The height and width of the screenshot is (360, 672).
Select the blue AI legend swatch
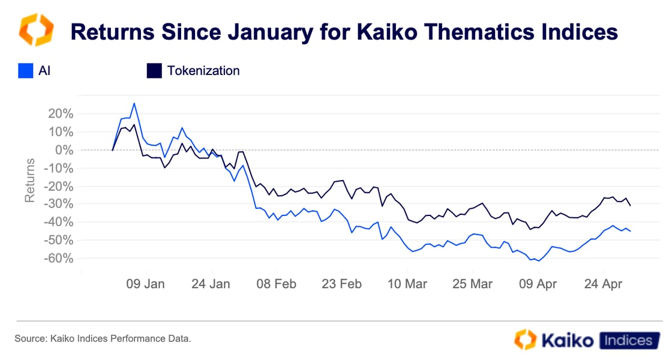point(26,71)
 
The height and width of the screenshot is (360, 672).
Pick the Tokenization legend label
point(203,71)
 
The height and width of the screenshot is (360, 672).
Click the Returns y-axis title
point(29,180)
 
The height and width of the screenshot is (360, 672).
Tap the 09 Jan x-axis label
point(146,284)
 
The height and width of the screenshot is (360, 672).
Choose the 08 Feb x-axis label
point(277,284)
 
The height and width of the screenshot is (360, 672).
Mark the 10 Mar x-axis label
point(407,284)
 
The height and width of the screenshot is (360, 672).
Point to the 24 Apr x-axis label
point(603,284)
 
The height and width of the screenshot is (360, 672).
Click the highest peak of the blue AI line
point(134,103)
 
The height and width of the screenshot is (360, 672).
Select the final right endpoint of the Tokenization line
point(630,206)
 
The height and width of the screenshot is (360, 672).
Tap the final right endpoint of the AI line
point(630,231)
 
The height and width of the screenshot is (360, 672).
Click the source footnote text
point(103,339)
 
